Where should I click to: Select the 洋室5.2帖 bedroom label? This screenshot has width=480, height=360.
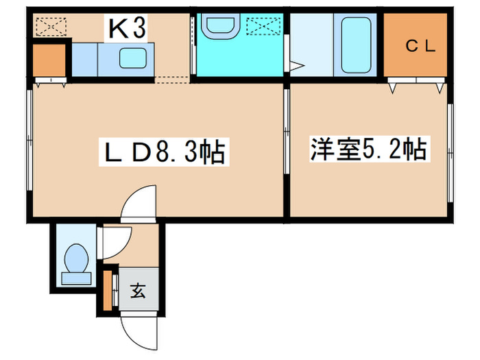[369, 149]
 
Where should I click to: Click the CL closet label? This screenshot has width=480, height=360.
[417, 46]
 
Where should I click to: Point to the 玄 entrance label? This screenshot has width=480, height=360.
[137, 291]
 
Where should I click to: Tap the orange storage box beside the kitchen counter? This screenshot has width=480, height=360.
[48, 60]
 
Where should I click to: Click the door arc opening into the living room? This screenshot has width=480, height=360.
[138, 203]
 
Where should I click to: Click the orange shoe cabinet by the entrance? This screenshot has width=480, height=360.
[108, 289]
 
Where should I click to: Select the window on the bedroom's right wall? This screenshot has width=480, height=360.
[450, 152]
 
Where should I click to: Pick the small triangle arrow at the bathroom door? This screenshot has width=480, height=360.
[296, 67]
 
